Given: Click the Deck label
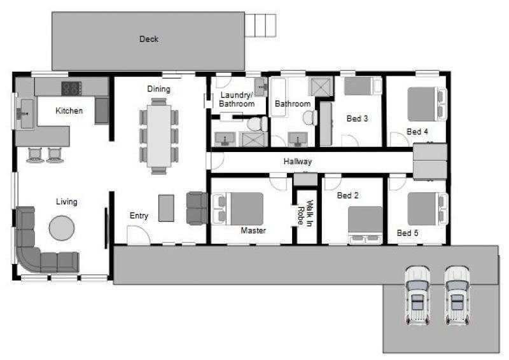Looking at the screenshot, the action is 149,39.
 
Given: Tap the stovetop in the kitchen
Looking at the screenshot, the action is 72,88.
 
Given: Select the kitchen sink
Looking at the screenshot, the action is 24,113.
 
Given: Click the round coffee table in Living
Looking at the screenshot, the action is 62,228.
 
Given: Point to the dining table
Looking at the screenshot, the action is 158,136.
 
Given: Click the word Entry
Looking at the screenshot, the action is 139,216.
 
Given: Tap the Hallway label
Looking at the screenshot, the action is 298,162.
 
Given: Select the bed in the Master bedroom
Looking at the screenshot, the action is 237,209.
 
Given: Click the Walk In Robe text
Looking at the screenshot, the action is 305,213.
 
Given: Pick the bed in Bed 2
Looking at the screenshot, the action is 365,225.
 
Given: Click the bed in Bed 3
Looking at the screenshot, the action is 363,86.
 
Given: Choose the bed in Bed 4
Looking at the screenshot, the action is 427,104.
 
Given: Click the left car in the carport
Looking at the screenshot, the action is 417,295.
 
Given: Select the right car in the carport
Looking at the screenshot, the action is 457,295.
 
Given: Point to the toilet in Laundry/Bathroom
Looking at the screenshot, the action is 258,123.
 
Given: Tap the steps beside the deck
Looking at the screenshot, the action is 260,25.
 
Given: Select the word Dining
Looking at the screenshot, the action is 158,89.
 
